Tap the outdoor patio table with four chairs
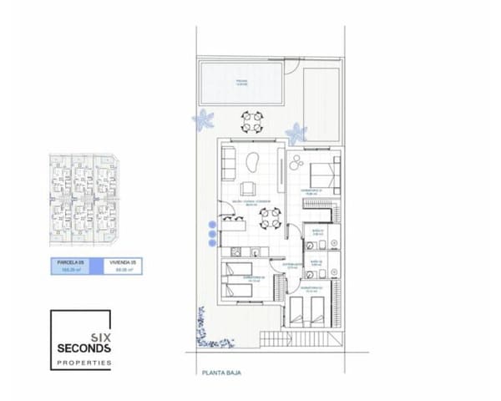point(250,123)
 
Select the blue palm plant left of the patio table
point(203,120)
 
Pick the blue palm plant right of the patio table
point(296,133)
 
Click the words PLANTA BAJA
point(220,373)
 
